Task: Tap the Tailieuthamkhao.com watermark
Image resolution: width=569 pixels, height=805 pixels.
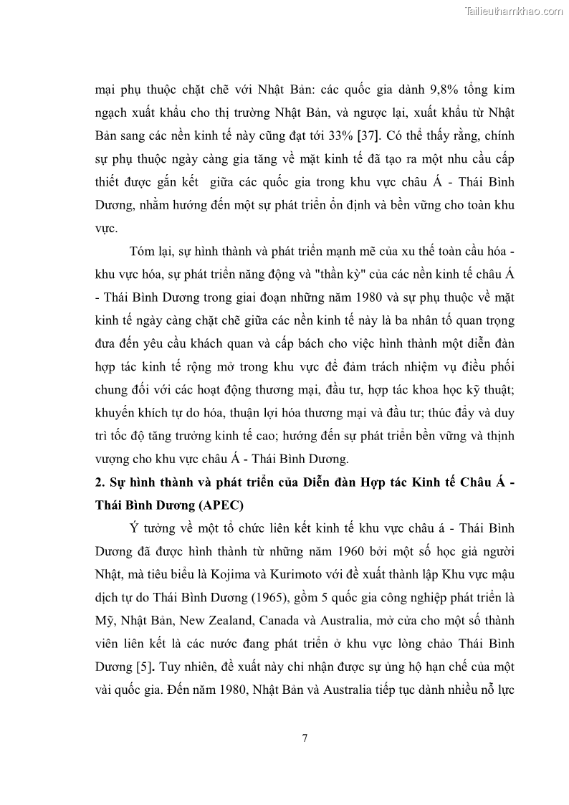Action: (514, 11)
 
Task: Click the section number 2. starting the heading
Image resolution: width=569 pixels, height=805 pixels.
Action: (100, 482)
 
